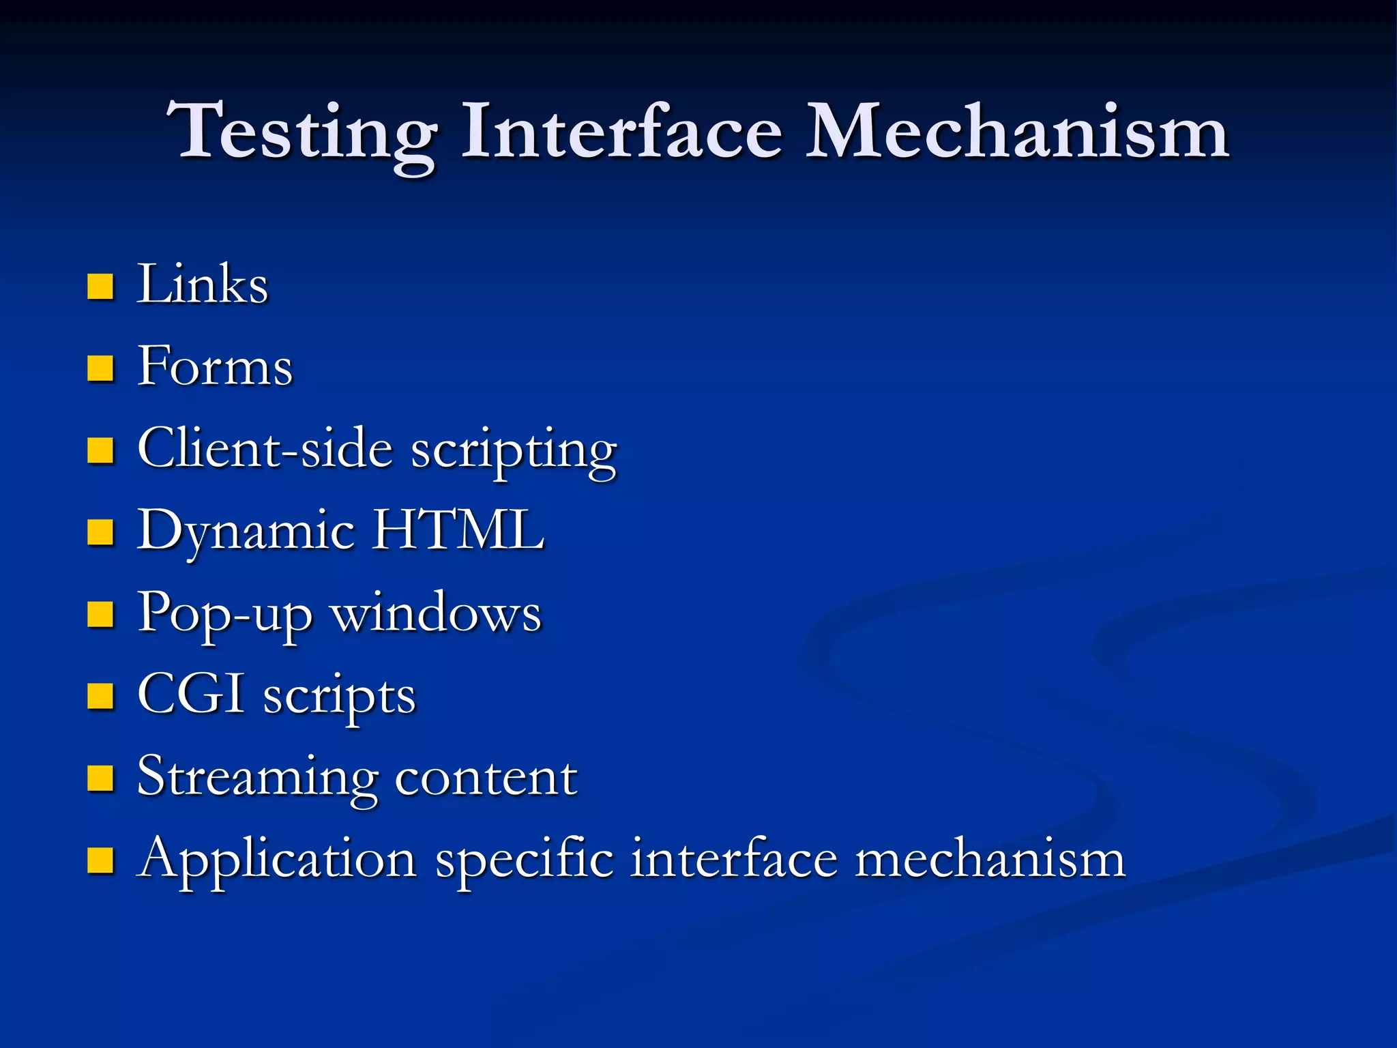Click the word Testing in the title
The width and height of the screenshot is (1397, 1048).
coord(303,133)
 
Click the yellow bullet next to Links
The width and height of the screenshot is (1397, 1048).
coord(100,287)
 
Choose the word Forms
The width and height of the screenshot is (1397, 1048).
coord(215,366)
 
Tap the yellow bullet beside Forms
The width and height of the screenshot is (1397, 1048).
coord(100,368)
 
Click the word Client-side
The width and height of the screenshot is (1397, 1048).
coord(265,448)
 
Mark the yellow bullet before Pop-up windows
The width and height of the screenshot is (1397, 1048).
coord(100,614)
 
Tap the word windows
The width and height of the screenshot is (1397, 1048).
coord(436,613)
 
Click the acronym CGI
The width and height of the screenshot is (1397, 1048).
coord(190,694)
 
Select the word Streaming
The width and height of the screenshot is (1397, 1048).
coord(257,778)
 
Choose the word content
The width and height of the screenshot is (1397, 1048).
coord(486,777)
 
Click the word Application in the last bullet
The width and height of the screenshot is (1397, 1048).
coord(276,860)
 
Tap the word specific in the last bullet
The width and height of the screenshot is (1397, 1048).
coord(524,860)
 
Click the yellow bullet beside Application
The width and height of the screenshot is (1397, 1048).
coord(100,860)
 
